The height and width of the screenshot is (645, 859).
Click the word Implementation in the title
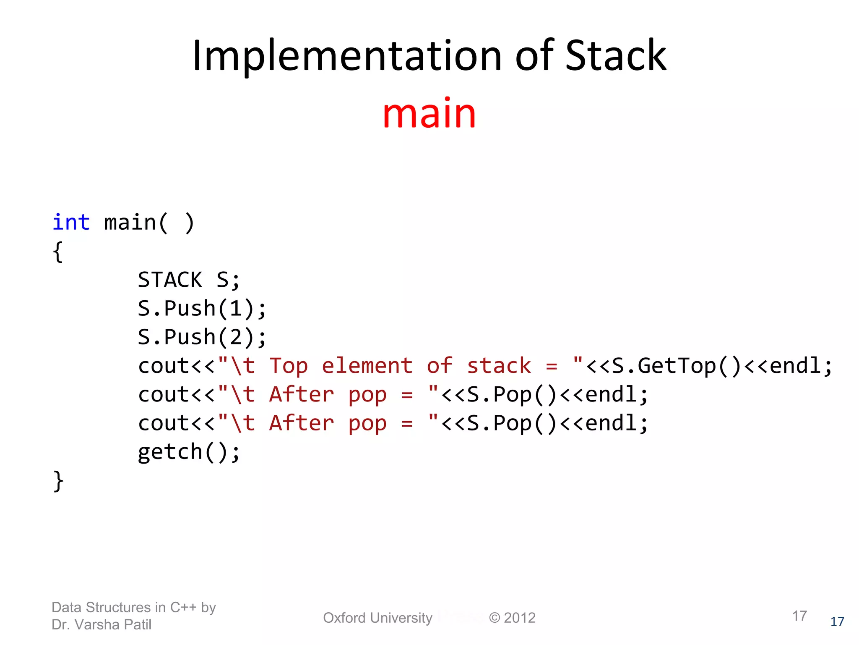coord(346,56)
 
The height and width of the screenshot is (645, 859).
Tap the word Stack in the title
coord(615,56)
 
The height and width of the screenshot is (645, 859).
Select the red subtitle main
coord(429,113)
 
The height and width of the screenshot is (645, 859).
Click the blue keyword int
coord(71,222)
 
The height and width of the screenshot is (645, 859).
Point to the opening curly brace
coord(58,252)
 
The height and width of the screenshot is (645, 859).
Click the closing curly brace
coord(58,481)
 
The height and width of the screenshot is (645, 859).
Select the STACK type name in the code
coord(170,280)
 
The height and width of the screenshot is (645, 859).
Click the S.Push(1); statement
coord(202,309)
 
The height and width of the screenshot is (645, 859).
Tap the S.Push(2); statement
coord(202,337)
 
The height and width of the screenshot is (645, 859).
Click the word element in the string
coord(367,366)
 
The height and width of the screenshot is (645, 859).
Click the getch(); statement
coord(189,452)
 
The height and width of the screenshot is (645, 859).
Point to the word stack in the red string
coord(499,366)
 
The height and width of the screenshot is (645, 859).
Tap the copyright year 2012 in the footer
coord(519,618)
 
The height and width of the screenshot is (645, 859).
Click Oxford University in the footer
coord(377,618)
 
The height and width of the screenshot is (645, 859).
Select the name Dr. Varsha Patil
coord(102,625)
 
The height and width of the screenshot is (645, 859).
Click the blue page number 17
coord(837,622)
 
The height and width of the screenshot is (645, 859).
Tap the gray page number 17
coord(799,616)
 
